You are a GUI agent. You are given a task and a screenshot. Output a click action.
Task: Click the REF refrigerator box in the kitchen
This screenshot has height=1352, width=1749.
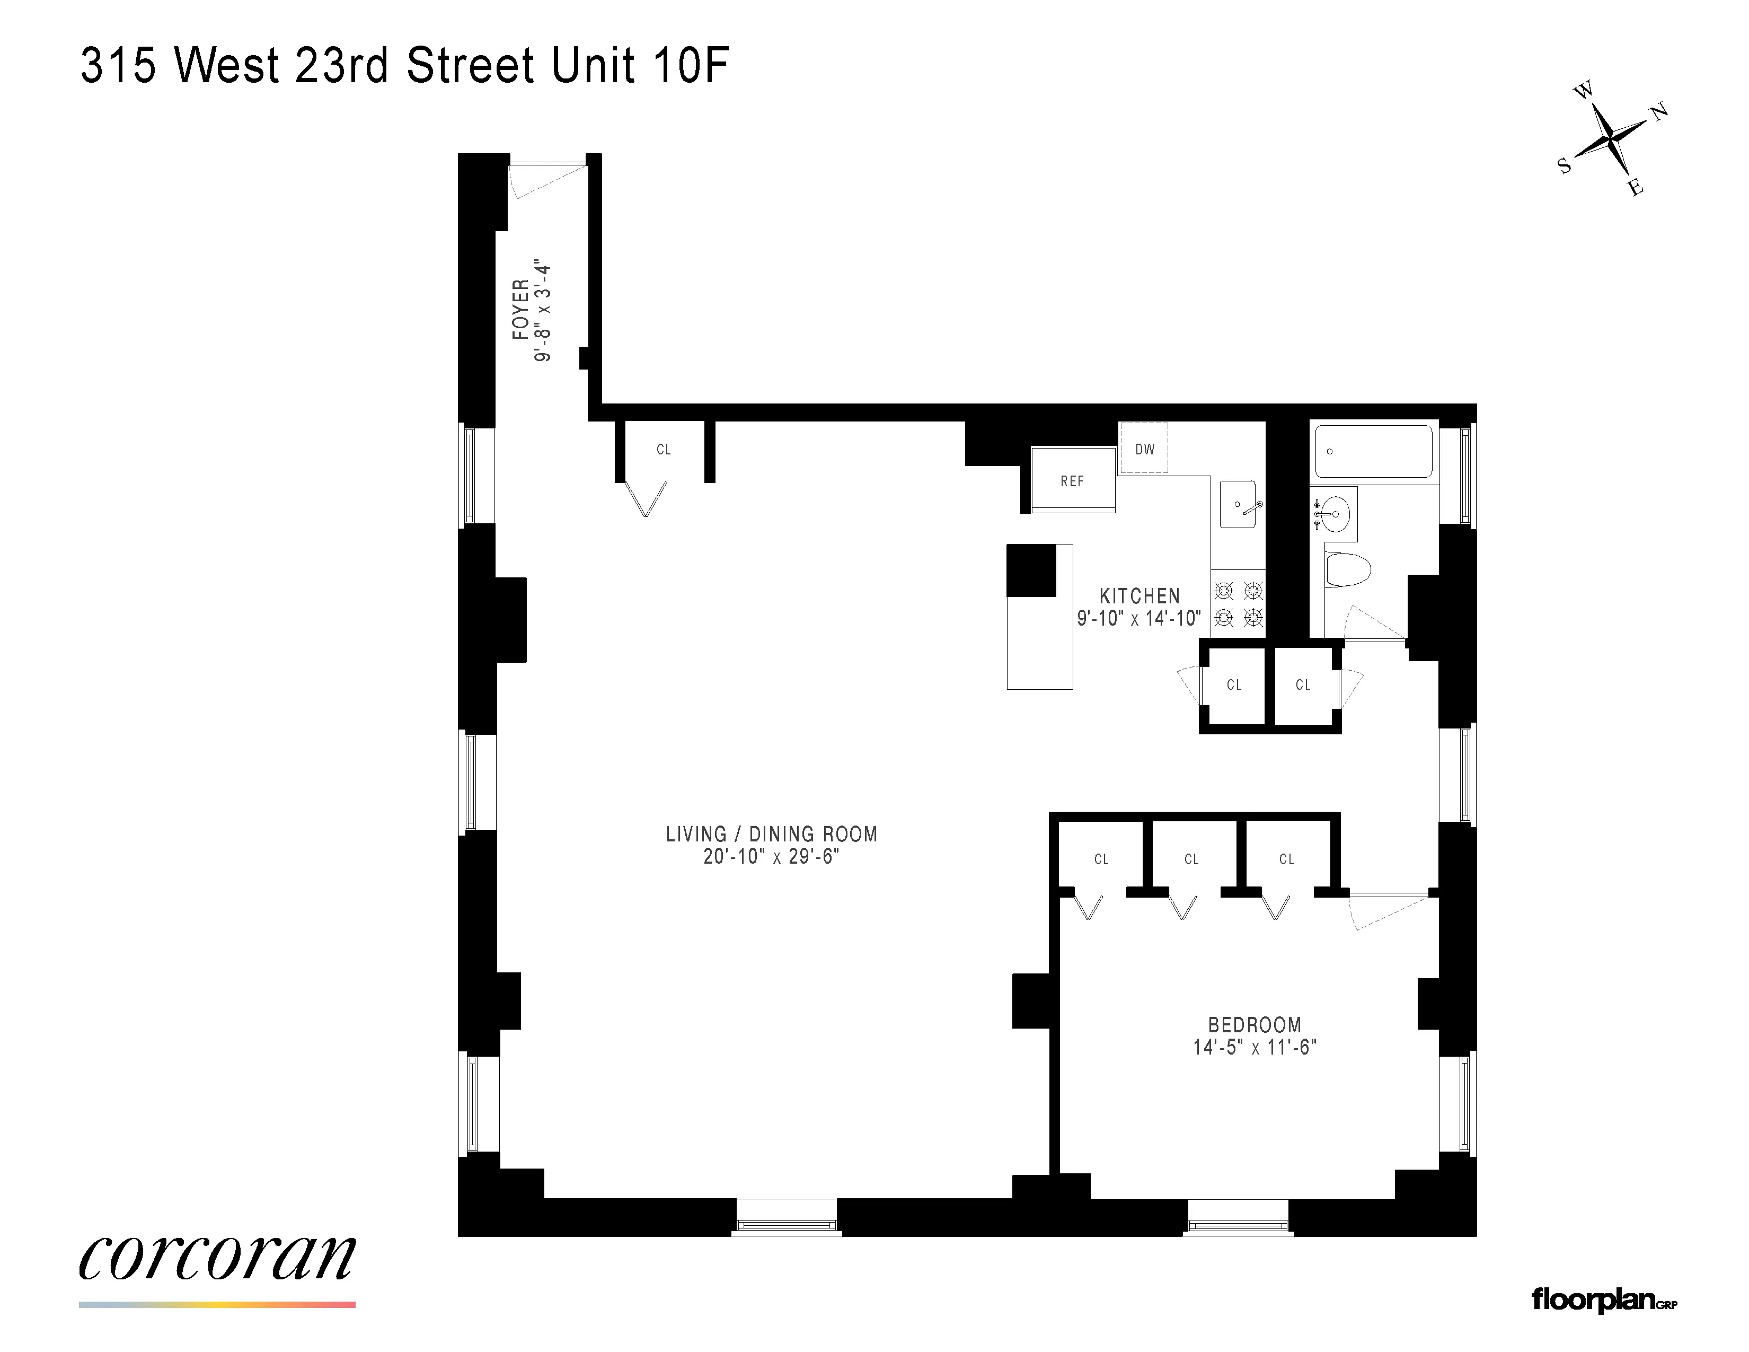tap(1072, 480)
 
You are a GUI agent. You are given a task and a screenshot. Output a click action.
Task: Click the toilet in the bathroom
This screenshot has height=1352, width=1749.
tap(1348, 569)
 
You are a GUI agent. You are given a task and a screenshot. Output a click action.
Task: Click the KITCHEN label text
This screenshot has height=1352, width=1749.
tap(1139, 596)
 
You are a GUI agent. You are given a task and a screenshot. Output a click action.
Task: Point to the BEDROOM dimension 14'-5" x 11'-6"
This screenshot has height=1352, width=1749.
tap(1254, 1047)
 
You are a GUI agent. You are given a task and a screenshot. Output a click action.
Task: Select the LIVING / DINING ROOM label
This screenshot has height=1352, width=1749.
tap(771, 834)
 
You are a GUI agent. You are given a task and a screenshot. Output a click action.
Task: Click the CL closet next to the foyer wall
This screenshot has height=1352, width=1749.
tap(663, 449)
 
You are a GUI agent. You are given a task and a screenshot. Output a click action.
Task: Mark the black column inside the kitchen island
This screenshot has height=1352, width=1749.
tap(1031, 570)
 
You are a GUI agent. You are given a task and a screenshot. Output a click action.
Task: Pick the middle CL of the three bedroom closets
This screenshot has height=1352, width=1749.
tap(1191, 858)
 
